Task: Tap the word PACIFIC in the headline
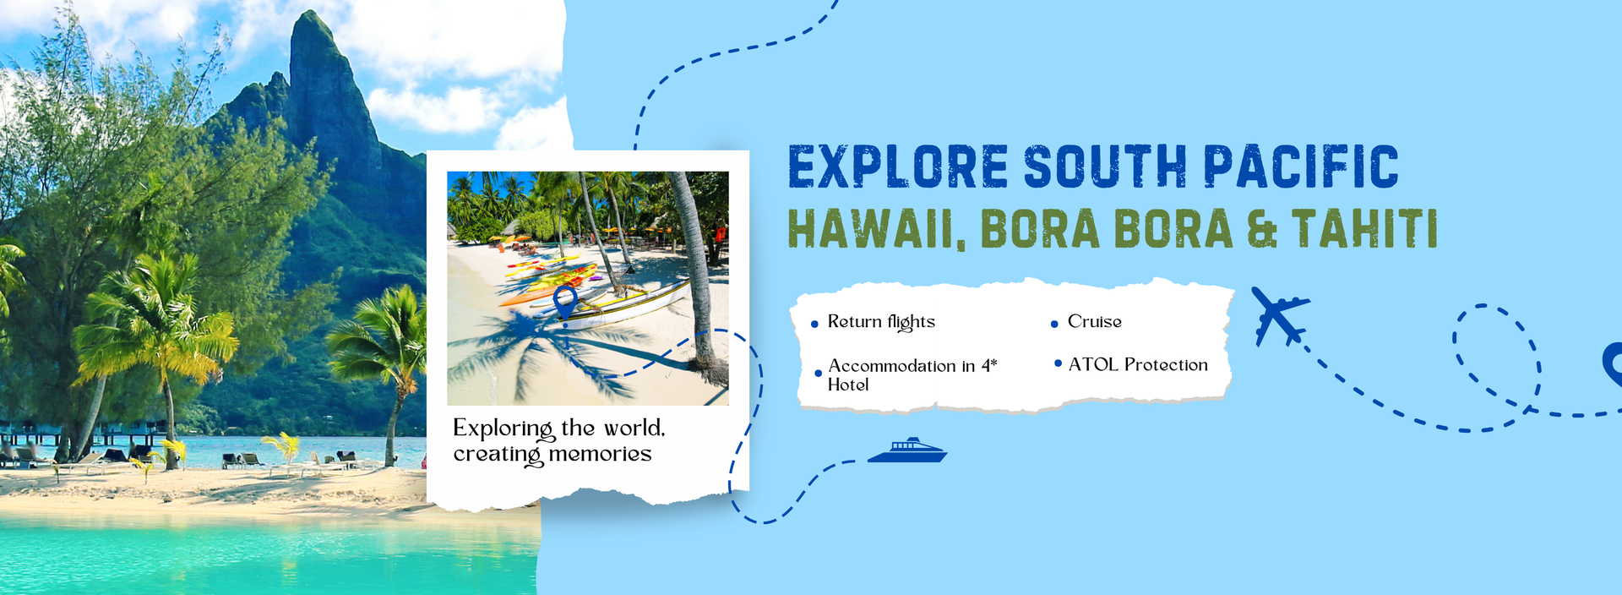[1300, 166]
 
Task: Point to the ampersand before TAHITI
[1262, 230]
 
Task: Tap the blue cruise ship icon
[907, 451]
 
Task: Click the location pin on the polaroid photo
[564, 303]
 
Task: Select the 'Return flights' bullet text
[881, 322]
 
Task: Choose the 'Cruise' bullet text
[1094, 322]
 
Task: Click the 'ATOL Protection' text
[1137, 365]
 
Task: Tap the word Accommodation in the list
[891, 366]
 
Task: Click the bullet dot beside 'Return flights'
[814, 324]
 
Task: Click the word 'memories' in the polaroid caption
[600, 455]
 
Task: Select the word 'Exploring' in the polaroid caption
[503, 429]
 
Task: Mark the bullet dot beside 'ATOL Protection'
[1058, 363]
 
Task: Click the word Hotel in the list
[847, 385]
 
